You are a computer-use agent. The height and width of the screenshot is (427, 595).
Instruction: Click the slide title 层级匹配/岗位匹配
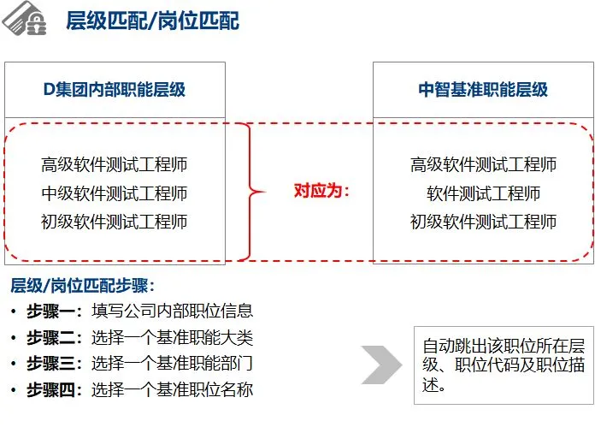[152, 21]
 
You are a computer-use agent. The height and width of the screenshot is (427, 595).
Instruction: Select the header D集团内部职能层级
[114, 90]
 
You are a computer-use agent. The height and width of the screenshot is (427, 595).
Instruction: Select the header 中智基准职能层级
[483, 90]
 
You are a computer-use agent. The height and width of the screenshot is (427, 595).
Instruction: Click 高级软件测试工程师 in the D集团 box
[114, 164]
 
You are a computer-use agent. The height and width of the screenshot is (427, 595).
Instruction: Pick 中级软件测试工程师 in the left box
[114, 193]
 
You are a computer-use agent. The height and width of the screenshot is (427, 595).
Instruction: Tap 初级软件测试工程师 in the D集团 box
[114, 222]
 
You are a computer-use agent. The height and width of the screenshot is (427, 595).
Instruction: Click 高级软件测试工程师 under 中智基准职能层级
[483, 164]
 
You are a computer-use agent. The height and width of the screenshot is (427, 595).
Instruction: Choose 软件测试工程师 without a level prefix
[483, 193]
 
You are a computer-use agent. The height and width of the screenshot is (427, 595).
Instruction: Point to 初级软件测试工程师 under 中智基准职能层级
[483, 222]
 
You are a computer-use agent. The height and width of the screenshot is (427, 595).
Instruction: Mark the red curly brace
[248, 191]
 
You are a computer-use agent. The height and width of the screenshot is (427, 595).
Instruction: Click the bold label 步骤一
[53, 311]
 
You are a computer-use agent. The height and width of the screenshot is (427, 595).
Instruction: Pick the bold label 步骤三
[53, 364]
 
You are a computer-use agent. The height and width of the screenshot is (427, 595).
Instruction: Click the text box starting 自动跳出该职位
[503, 365]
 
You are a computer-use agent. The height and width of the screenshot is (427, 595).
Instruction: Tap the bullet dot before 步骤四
[14, 391]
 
